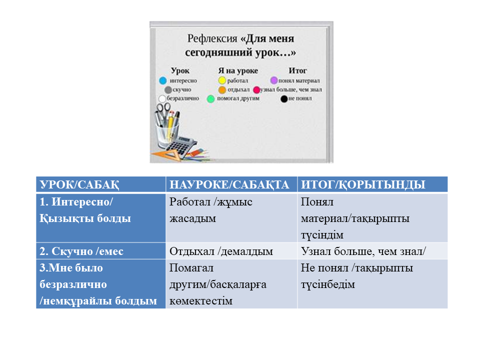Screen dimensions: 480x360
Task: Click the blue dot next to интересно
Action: coord(163,80)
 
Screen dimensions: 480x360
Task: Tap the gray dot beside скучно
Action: coord(168,89)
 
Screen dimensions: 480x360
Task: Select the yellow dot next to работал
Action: coord(222,80)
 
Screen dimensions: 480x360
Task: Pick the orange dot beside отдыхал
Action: coord(222,89)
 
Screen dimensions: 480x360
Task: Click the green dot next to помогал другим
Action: coord(210,99)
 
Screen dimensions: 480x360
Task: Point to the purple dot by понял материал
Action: coord(274,80)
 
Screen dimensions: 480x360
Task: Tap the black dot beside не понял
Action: coord(284,99)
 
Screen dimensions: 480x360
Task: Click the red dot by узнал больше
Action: coord(256,89)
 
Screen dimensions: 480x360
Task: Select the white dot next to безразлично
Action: coord(162,98)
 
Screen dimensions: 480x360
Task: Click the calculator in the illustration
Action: coord(181,146)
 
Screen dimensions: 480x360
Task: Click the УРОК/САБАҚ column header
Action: coord(101,184)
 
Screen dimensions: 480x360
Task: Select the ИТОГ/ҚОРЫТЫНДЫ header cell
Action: coord(372,184)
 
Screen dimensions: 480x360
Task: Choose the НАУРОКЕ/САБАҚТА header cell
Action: coord(231,184)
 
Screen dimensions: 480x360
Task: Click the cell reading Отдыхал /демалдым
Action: coord(231,251)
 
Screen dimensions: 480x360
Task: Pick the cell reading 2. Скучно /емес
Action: coord(101,251)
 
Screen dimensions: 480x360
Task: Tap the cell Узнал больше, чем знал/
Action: coord(372,251)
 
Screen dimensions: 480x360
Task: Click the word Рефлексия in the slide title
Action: coord(212,38)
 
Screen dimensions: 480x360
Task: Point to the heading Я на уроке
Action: coord(238,70)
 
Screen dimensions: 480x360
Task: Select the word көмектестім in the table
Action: coord(201,301)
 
